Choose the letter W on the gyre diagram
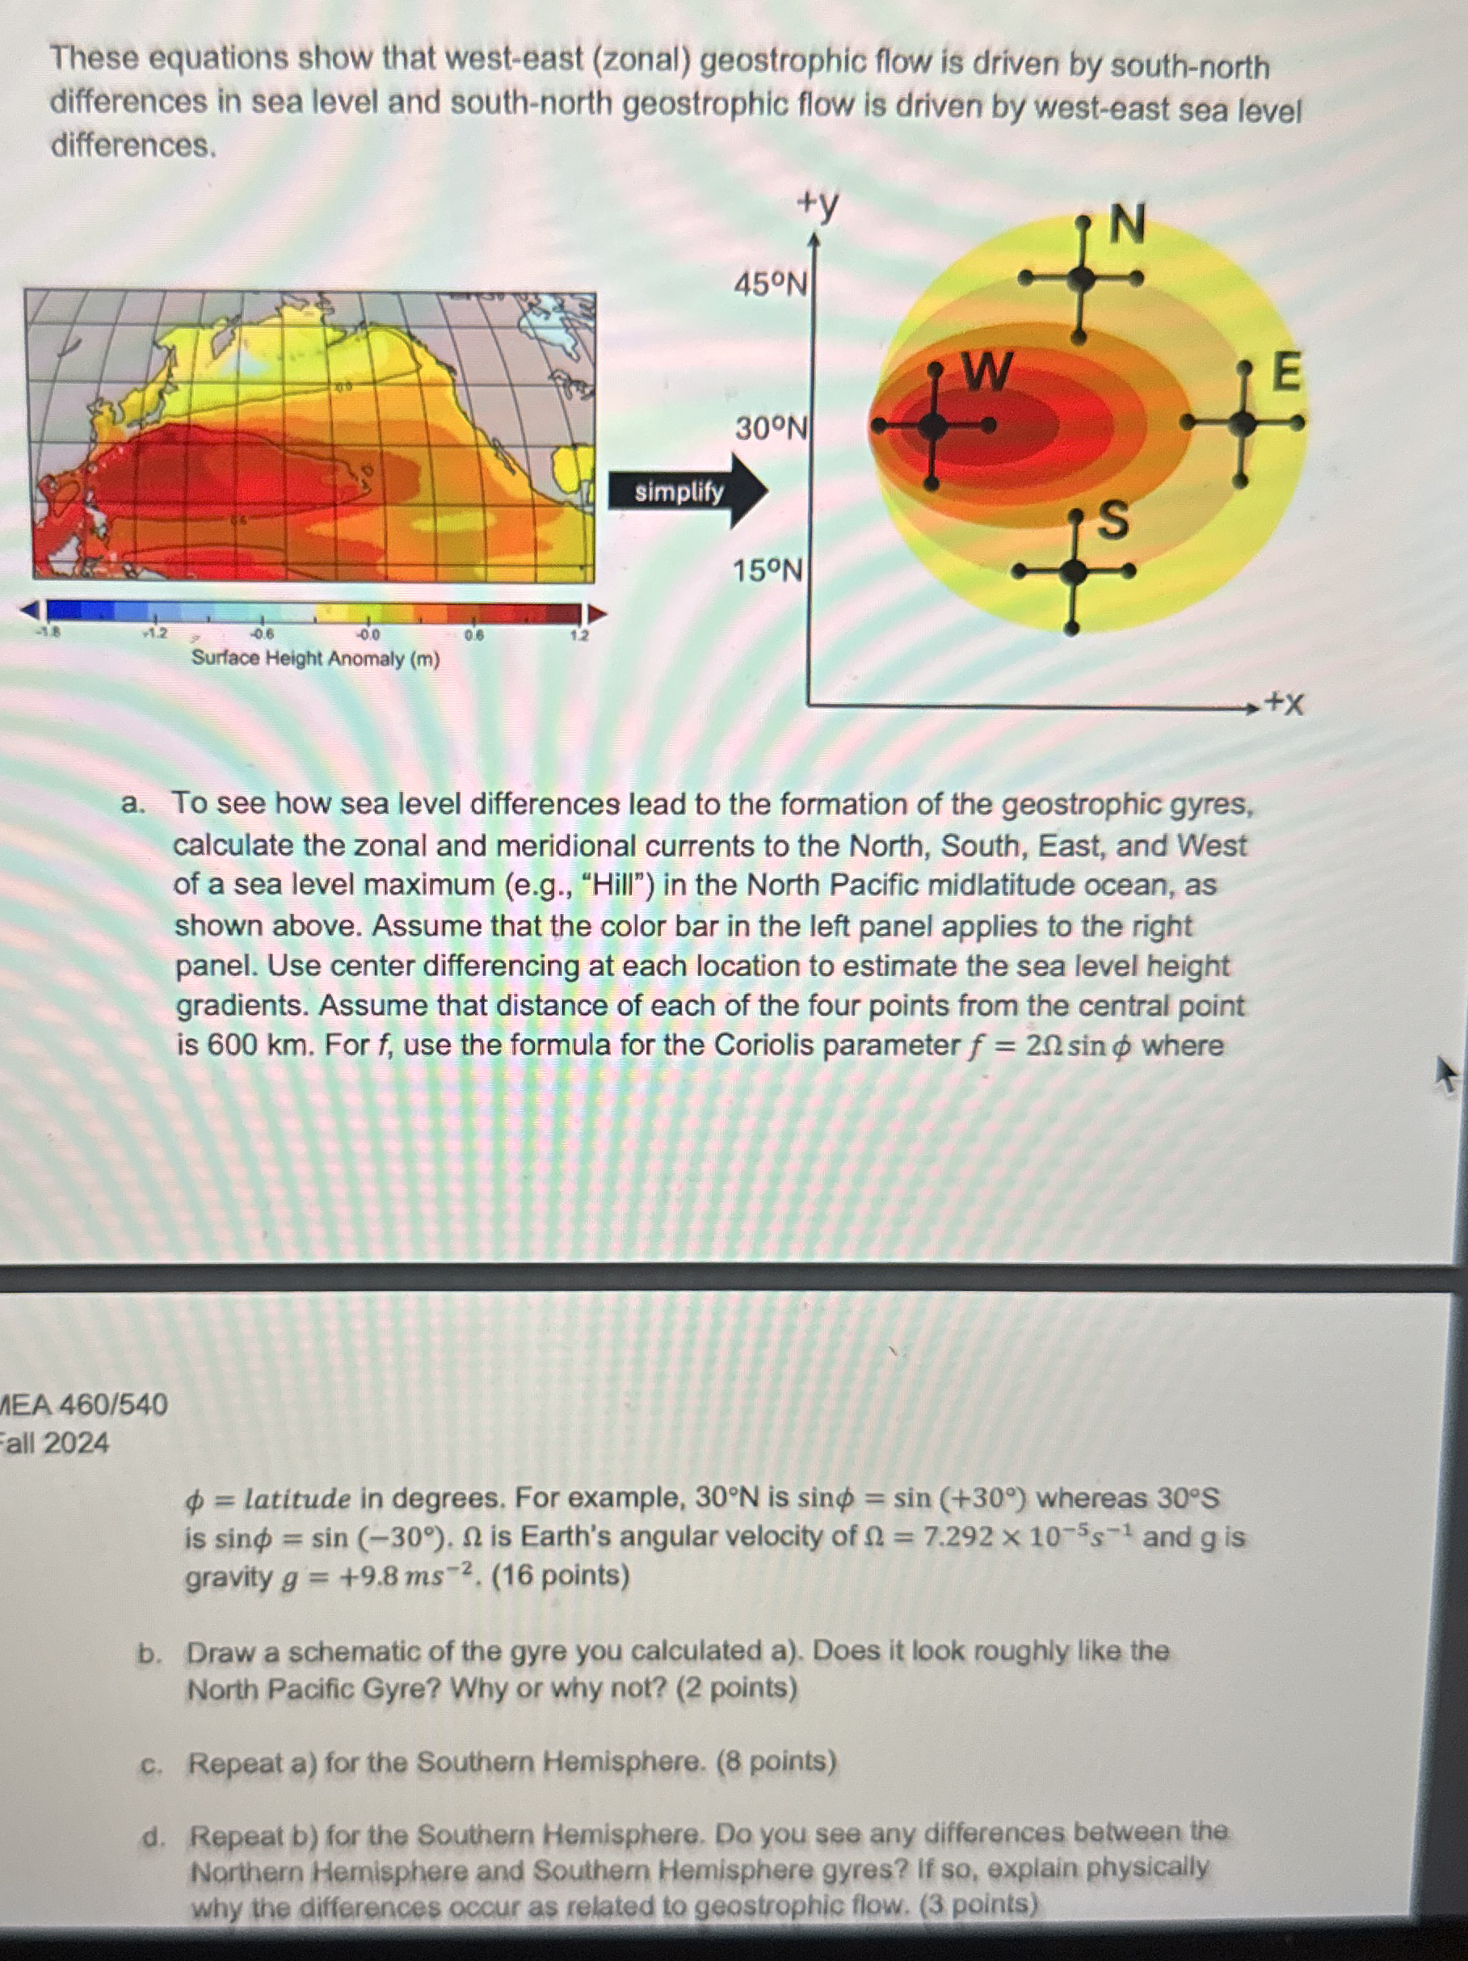(986, 372)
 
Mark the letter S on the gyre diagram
(1113, 520)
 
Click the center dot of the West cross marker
(932, 427)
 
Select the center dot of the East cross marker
(1243, 423)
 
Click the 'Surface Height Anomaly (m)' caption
(316, 659)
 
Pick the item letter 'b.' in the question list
(149, 1652)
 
